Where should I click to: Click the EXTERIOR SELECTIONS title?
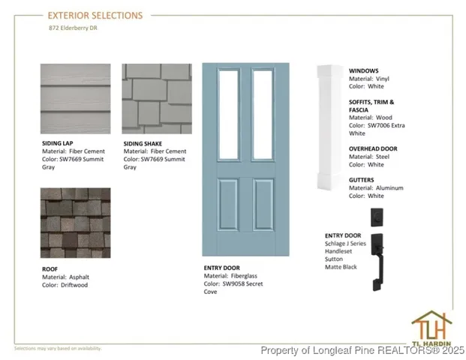(95, 16)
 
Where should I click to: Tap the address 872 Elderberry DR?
(73, 28)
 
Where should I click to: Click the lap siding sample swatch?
(76, 98)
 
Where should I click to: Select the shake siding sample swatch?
(157, 98)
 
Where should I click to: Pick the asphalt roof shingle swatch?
(76, 223)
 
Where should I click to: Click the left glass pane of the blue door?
(229, 115)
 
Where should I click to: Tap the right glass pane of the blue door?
(263, 115)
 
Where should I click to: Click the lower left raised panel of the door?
(228, 204)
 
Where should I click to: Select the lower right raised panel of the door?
(263, 204)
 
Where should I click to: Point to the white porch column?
(330, 127)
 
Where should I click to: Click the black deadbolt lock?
(377, 217)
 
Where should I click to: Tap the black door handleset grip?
(377, 262)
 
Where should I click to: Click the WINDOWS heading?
(363, 71)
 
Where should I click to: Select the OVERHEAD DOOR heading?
(373, 148)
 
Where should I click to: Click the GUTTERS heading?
(362, 180)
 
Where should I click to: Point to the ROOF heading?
(50, 269)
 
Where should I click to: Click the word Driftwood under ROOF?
(74, 285)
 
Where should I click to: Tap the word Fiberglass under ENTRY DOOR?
(244, 276)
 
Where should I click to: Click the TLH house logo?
(431, 328)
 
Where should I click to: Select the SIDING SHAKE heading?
(143, 144)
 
